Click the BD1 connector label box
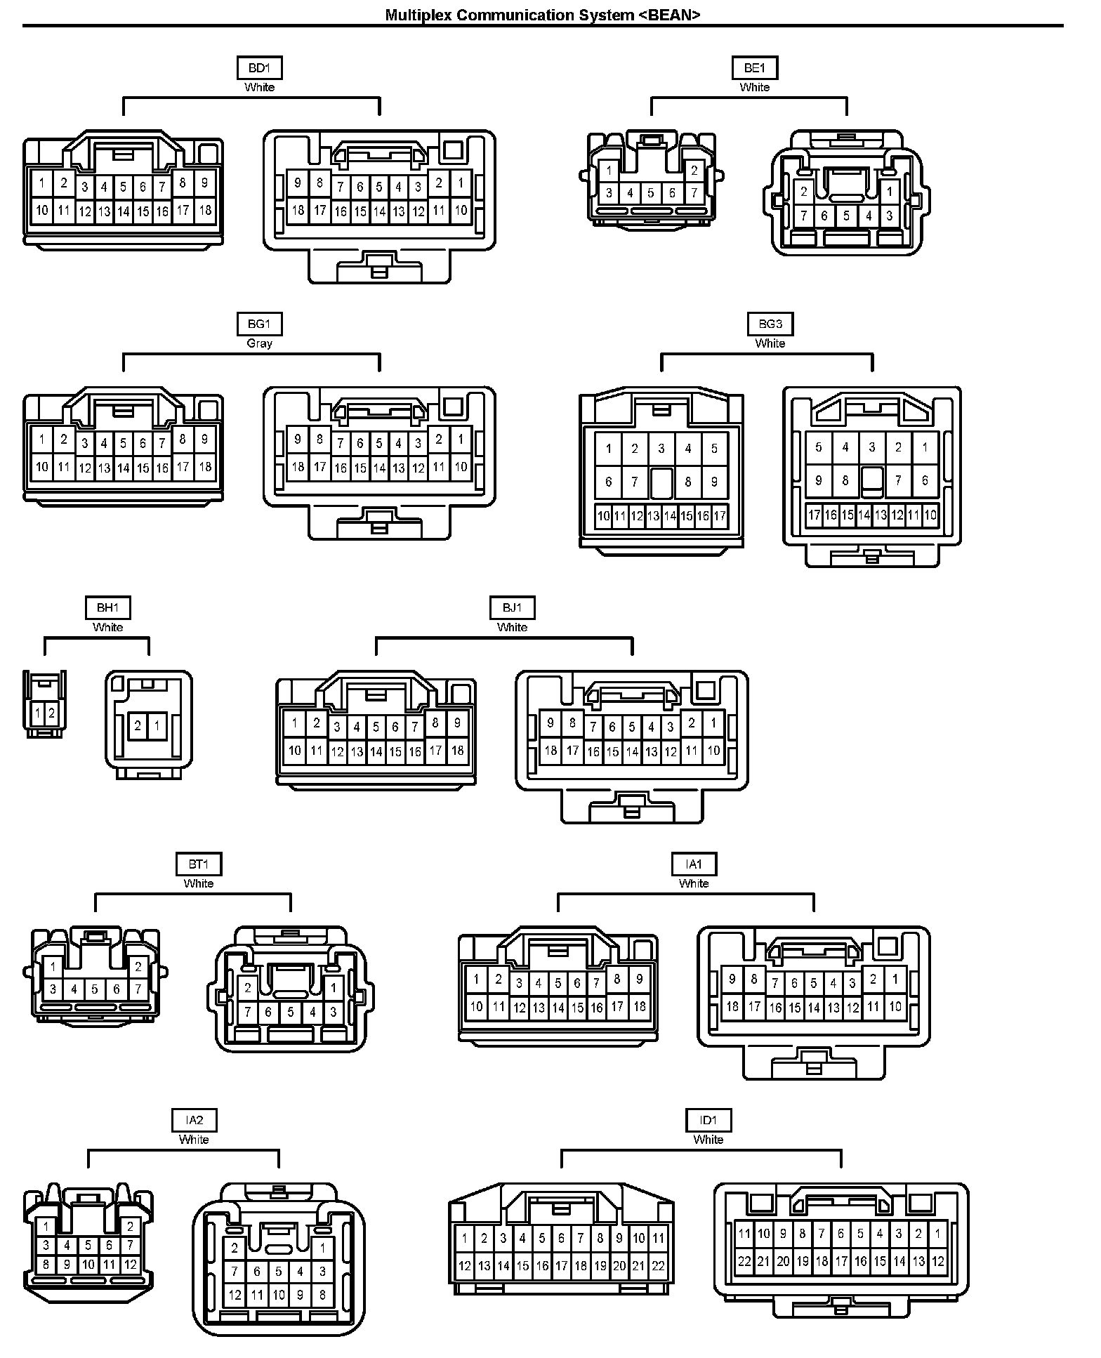point(259,68)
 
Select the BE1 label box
point(754,68)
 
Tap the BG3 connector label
point(770,324)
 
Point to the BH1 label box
point(107,608)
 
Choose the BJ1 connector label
point(512,608)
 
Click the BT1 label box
point(198,864)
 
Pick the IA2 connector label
point(194,1121)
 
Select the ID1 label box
point(708,1121)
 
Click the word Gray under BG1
point(259,343)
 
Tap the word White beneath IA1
point(693,883)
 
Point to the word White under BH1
point(107,627)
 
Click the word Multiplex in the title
point(418,15)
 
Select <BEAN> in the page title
point(670,15)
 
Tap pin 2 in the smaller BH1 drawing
point(52,713)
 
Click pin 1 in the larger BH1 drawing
point(157,726)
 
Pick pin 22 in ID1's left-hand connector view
point(658,1266)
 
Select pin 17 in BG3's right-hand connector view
point(814,515)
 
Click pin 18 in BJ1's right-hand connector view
point(550,751)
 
